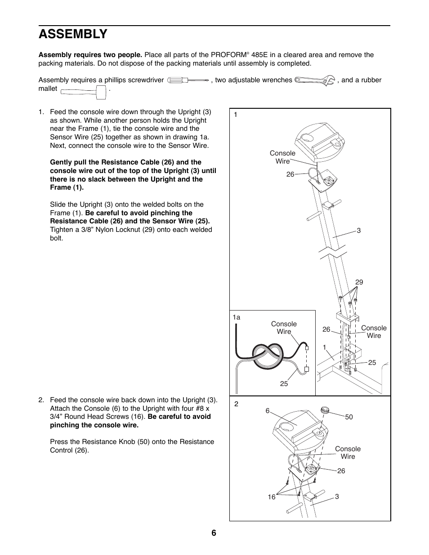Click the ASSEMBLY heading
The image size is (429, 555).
pyautogui.click(x=73, y=34)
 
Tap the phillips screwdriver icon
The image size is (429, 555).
pyautogui.click(x=188, y=80)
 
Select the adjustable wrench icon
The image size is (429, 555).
pyautogui.click(x=315, y=80)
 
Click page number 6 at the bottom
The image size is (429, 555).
pyautogui.click(x=214, y=533)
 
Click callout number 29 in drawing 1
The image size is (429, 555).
pyautogui.click(x=359, y=282)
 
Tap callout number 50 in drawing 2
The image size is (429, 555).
pyautogui.click(x=349, y=417)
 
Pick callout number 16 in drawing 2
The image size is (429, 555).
pyautogui.click(x=272, y=497)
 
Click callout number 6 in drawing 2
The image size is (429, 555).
pyautogui.click(x=268, y=411)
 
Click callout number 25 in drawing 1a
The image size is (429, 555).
pyautogui.click(x=284, y=384)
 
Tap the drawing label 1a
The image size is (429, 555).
pyautogui.click(x=236, y=317)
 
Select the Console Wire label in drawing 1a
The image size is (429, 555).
pyautogui.click(x=284, y=328)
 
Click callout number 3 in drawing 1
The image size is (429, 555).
pyautogui.click(x=359, y=231)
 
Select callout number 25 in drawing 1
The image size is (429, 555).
pyautogui.click(x=372, y=363)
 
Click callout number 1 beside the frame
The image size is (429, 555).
pyautogui.click(x=324, y=347)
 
